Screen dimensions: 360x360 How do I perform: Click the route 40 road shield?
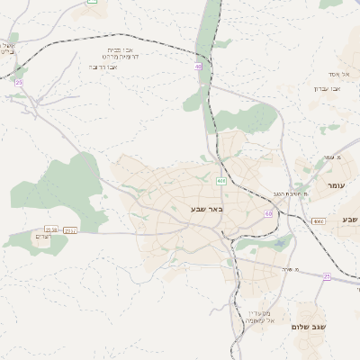(197, 66)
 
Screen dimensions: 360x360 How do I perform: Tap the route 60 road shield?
(268, 213)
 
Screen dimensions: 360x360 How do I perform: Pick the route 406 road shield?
(220, 181)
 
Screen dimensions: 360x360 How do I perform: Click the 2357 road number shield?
(70, 230)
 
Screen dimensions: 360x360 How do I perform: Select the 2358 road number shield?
(51, 229)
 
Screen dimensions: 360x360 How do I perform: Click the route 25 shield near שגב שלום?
(327, 277)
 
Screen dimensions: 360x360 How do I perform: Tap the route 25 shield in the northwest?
(18, 82)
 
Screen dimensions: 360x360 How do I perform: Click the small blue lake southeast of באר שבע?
(286, 241)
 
